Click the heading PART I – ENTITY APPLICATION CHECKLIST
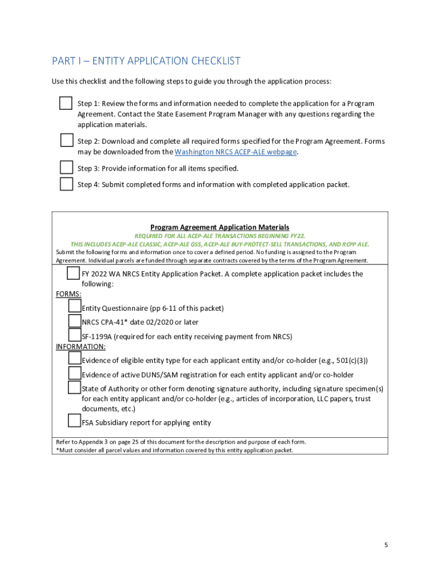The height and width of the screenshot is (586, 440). click(146, 61)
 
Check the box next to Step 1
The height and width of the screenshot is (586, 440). click(66, 104)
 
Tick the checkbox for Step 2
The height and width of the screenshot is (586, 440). click(66, 141)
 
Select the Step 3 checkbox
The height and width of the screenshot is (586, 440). click(66, 168)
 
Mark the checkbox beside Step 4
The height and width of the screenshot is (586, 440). click(66, 184)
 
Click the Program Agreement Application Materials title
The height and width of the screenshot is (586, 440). click(219, 227)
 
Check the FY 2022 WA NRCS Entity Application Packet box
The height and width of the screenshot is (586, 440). click(73, 274)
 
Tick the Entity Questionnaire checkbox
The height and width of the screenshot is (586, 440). click(74, 307)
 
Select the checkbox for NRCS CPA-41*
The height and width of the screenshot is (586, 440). click(74, 322)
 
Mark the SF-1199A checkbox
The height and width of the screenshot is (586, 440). click(74, 335)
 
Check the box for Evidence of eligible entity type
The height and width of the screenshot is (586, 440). click(74, 359)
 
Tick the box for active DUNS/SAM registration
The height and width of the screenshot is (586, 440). click(74, 374)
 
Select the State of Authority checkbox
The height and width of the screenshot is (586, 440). click(74, 388)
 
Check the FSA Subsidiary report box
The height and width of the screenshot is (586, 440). click(74, 422)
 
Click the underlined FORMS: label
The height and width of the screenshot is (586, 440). click(68, 294)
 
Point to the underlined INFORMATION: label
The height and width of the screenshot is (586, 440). click(81, 347)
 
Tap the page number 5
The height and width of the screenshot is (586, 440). click(386, 545)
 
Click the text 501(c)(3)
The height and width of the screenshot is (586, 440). click(351, 361)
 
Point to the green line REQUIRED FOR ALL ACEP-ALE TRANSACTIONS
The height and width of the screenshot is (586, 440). click(219, 236)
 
